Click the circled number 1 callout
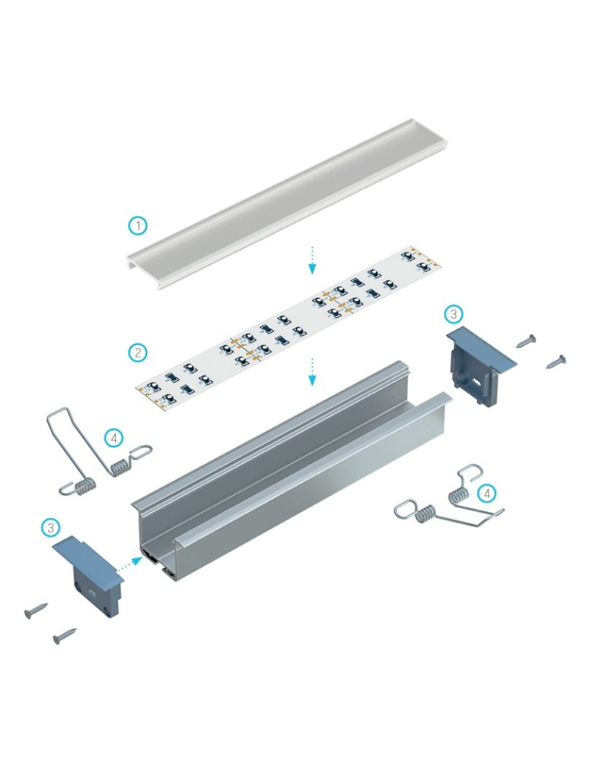click(137, 226)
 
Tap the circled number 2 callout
click(137, 352)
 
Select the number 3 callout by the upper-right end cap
click(453, 314)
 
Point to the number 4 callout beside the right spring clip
click(488, 494)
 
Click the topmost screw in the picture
click(527, 340)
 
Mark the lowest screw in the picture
click(65, 635)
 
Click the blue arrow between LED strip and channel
click(312, 371)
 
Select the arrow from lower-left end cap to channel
click(128, 563)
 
